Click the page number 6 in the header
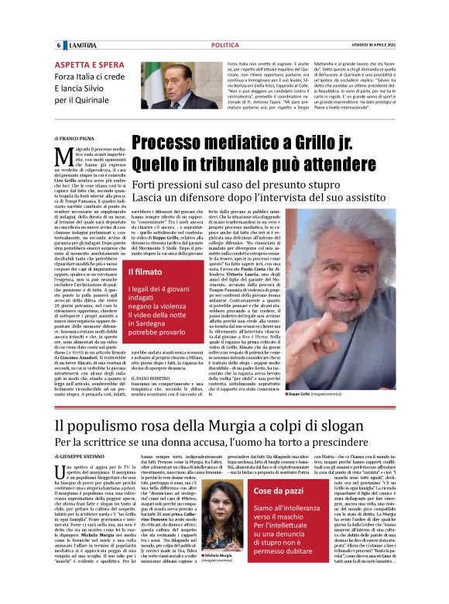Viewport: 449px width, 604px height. (59, 45)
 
